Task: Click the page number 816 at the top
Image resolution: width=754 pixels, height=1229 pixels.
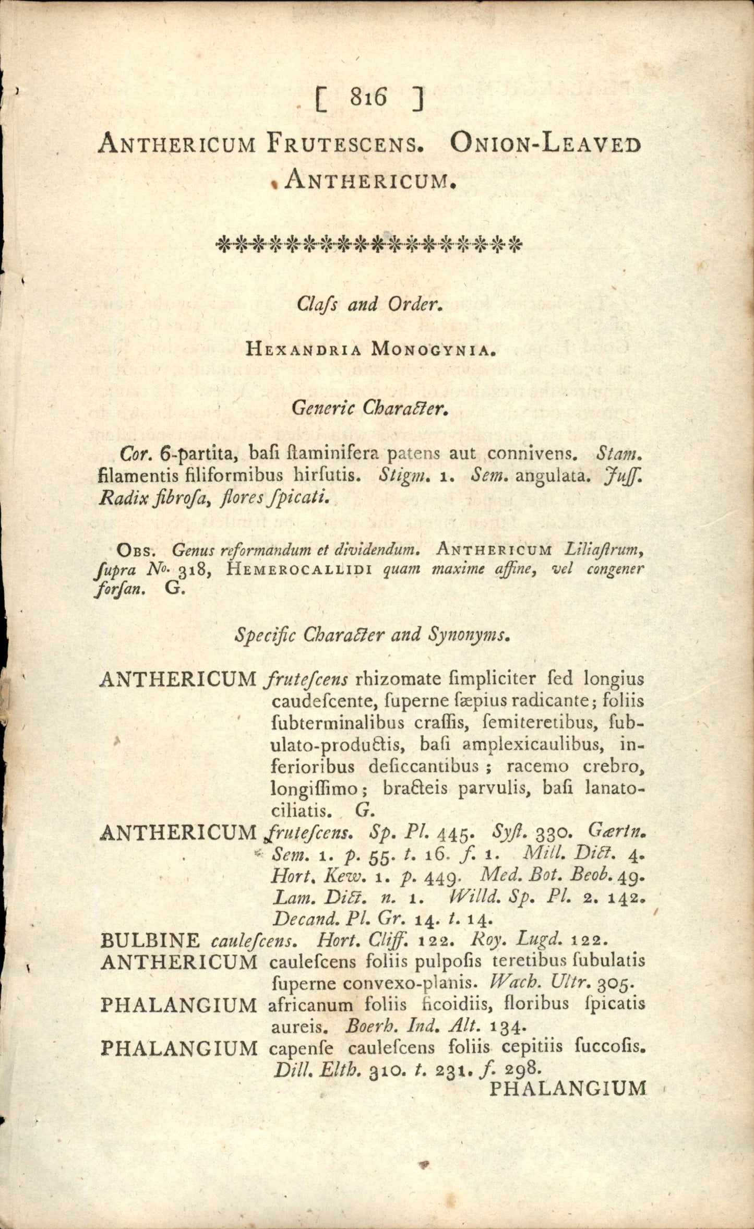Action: point(369,98)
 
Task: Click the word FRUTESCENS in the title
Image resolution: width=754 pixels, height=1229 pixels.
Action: point(344,144)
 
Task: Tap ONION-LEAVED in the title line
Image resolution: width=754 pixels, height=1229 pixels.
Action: point(545,144)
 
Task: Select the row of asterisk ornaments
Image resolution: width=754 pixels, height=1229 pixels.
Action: point(369,244)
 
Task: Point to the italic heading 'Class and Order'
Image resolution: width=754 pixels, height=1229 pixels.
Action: point(369,304)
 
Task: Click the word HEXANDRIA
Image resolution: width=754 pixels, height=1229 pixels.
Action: point(303,350)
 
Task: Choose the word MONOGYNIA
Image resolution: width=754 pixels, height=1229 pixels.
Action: point(431,350)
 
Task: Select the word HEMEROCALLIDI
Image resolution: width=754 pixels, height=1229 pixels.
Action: point(300,569)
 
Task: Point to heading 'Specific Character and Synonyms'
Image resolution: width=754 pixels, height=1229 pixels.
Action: point(372,635)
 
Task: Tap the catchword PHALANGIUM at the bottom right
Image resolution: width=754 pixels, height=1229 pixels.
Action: point(568,1089)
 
